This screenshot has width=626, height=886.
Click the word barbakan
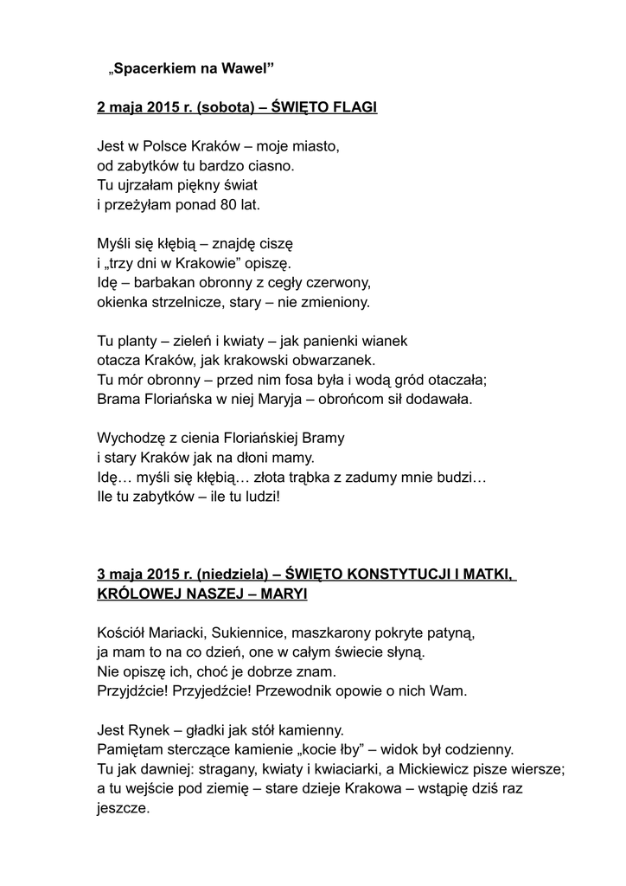coord(169,282)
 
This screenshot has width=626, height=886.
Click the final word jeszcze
coord(123,809)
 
